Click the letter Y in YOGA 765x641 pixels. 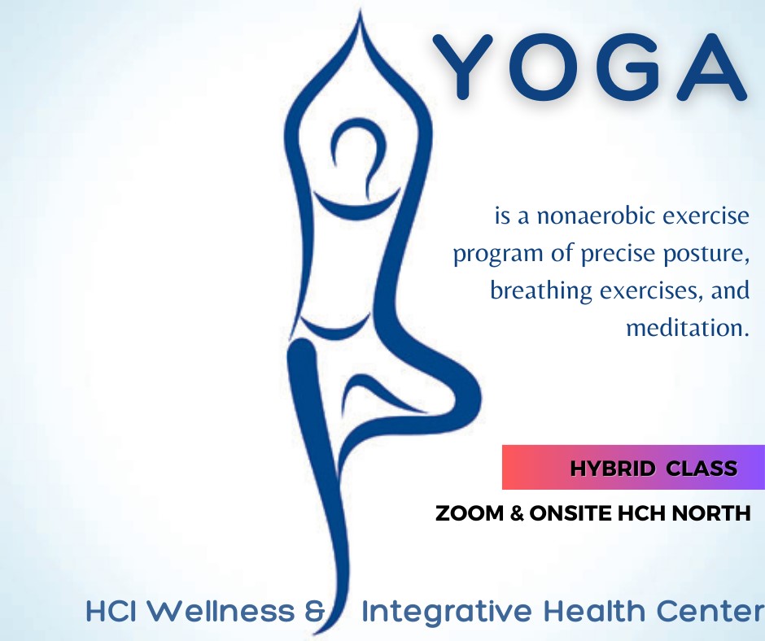463,67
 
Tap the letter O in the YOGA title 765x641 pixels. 544,67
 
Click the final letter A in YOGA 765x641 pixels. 713,67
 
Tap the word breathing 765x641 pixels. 540,290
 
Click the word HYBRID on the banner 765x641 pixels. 612,469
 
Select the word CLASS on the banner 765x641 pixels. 702,469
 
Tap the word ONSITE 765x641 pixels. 570,513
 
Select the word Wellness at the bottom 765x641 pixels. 220,611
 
